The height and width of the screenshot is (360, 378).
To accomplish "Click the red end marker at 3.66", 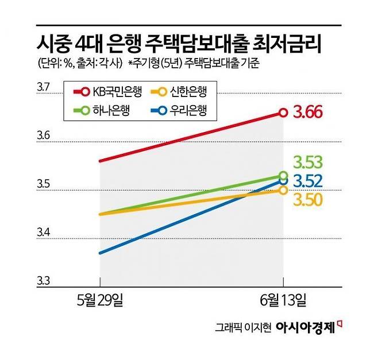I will click(x=283, y=113).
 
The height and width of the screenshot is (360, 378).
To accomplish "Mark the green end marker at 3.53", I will click(x=283, y=176).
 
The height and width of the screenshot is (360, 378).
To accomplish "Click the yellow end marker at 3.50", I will click(x=283, y=190).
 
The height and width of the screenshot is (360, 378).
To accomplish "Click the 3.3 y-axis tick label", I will click(x=44, y=281).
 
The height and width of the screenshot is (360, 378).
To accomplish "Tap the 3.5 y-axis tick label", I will click(x=44, y=185).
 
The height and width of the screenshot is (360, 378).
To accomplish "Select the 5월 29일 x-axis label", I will click(x=101, y=299).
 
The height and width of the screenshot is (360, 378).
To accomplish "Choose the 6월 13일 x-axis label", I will click(x=283, y=299).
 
